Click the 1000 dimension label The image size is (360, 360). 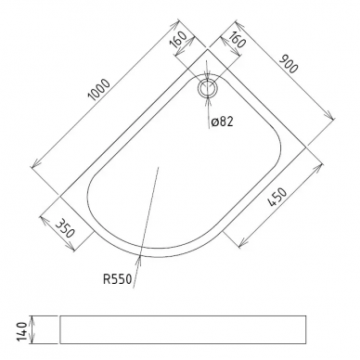[x=99, y=90]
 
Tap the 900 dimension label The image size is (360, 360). [x=289, y=64]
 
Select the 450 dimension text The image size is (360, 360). [x=277, y=198]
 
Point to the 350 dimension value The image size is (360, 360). [x=65, y=228]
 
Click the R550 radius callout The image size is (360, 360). [x=118, y=279]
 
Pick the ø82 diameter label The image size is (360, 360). [x=222, y=122]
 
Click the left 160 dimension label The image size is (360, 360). [x=178, y=40]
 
